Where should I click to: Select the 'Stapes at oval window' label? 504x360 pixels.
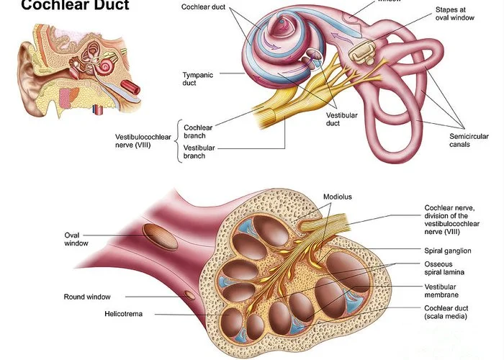click(456, 14)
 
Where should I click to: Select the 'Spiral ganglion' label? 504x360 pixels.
click(448, 251)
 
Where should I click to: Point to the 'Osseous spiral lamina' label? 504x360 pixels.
click(443, 269)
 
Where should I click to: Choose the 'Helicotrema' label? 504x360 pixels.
click(127, 314)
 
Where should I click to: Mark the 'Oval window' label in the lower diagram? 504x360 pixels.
click(76, 239)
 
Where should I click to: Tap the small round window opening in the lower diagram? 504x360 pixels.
click(190, 294)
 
